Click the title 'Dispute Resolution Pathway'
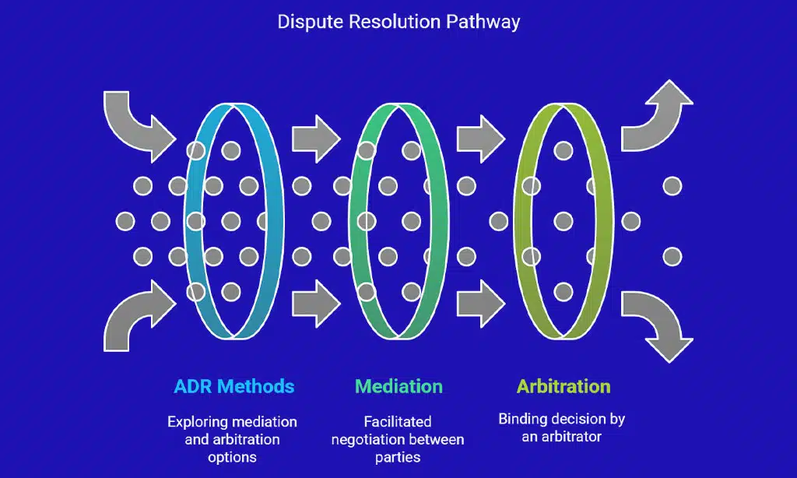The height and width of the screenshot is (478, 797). (398, 21)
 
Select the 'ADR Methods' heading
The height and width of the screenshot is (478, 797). (233, 386)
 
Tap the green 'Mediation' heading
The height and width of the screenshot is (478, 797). (398, 386)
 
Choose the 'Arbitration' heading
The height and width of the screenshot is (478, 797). (563, 386)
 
